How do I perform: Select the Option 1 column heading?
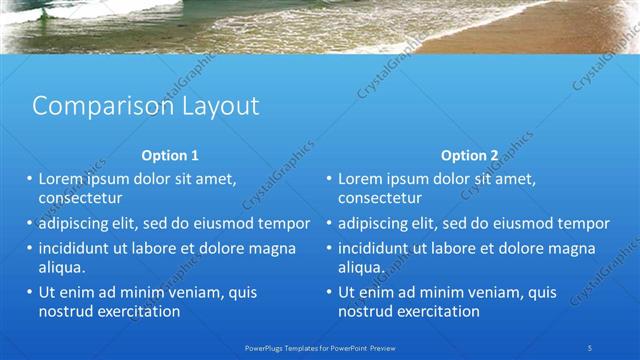(170, 155)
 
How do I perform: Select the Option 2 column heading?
(469, 155)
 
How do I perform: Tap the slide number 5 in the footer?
(591, 346)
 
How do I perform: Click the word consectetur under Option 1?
(79, 198)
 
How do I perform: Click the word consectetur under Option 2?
(379, 198)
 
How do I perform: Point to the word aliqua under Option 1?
(62, 267)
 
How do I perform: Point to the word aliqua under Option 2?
(362, 267)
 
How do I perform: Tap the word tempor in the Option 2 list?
(584, 223)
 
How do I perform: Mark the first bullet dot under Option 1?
(30, 179)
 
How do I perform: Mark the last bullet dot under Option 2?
(329, 293)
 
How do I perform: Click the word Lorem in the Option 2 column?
(361, 179)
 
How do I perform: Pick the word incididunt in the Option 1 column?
(79, 248)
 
